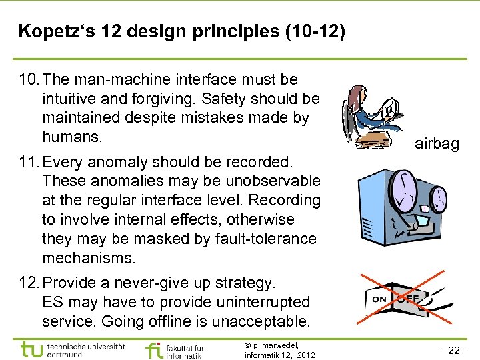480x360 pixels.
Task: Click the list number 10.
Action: [29, 80]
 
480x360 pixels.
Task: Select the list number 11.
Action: [29, 162]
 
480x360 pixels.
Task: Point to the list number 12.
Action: [29, 283]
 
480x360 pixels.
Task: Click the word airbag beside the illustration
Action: [437, 143]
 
